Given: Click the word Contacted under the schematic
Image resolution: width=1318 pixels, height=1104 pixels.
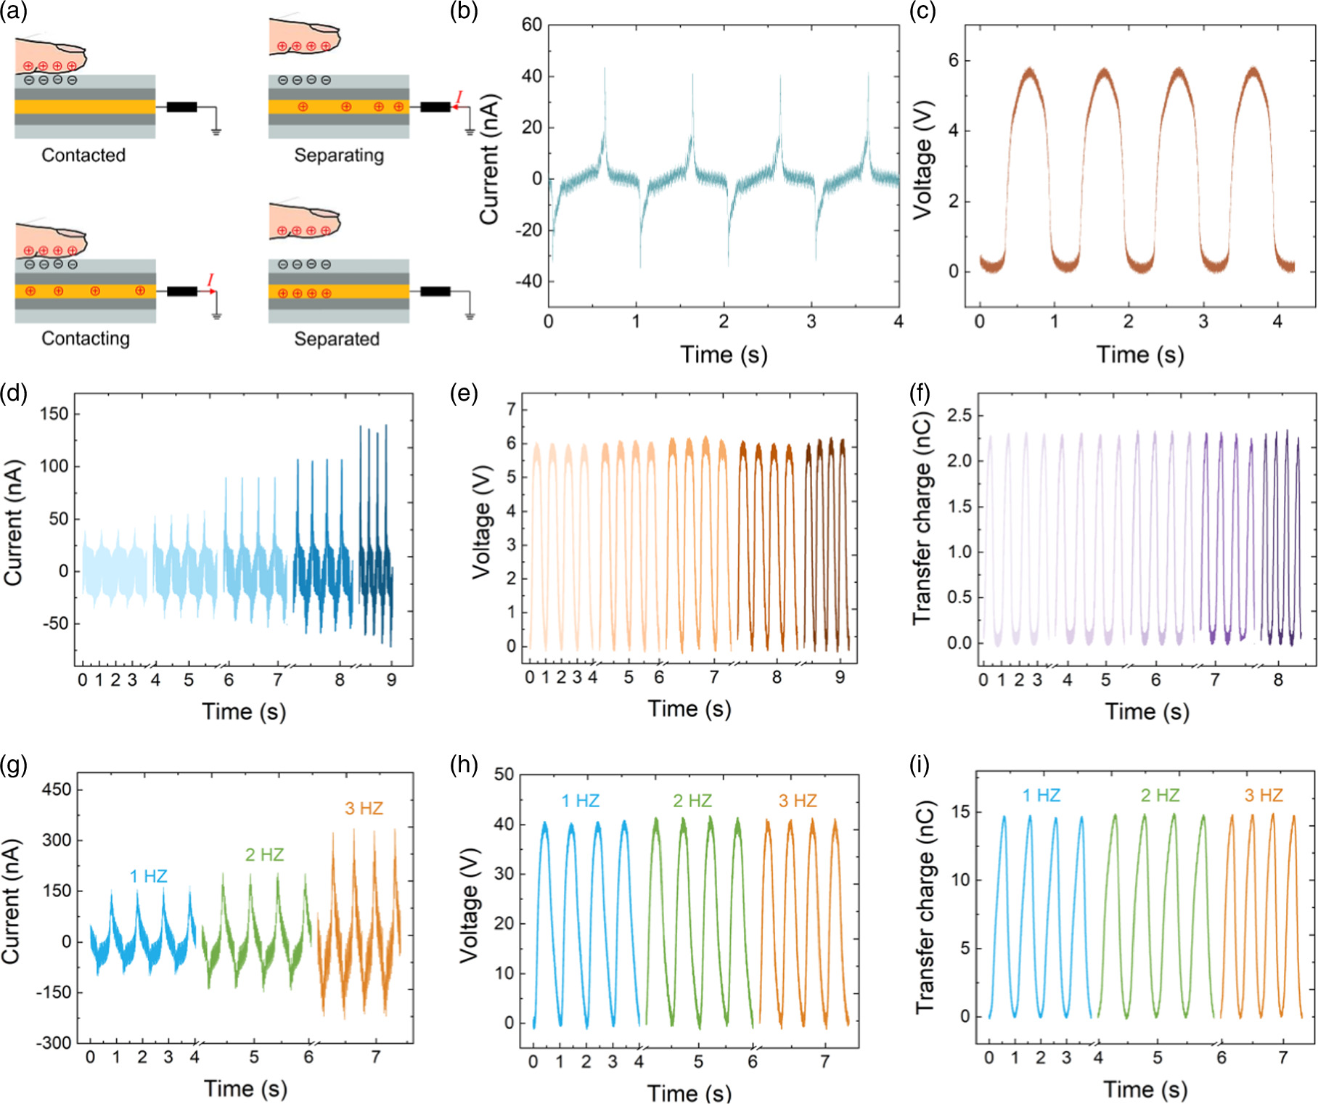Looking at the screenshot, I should click(x=83, y=155).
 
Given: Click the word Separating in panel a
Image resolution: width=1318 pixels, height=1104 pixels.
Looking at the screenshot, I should click(x=339, y=155).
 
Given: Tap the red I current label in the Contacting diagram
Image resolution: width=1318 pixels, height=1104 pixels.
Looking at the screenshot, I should click(x=210, y=280).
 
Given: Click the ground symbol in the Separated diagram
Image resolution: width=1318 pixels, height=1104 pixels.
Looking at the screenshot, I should click(x=470, y=316).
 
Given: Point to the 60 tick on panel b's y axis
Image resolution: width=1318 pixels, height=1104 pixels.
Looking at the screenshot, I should click(x=532, y=25).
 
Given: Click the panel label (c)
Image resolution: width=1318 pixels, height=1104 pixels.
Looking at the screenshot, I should click(x=922, y=11).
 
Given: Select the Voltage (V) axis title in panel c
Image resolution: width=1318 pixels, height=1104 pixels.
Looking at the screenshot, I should click(x=922, y=160).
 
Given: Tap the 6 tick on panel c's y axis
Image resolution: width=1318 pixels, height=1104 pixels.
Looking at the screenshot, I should click(x=954, y=60).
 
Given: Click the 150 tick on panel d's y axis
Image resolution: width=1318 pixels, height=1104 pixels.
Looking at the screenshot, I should click(x=54, y=414).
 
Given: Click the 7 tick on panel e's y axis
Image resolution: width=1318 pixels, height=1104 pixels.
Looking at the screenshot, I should click(x=512, y=409).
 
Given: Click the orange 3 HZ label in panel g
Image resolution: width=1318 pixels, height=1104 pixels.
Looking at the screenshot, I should click(x=364, y=809).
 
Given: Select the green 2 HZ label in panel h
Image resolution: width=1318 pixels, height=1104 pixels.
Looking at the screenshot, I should click(x=692, y=801).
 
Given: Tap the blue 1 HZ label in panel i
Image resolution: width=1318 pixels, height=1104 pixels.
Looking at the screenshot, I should click(x=1041, y=796).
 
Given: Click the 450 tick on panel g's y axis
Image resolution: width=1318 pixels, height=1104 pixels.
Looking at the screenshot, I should click(x=56, y=790).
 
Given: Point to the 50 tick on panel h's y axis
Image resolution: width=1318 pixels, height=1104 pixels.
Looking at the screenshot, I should click(x=504, y=774).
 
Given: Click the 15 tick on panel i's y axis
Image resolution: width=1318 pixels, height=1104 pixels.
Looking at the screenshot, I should click(x=960, y=812).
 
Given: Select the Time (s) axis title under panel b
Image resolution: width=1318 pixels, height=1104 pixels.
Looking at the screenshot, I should click(x=724, y=354).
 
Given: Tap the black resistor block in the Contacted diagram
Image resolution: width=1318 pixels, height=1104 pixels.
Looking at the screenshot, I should click(x=181, y=107).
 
